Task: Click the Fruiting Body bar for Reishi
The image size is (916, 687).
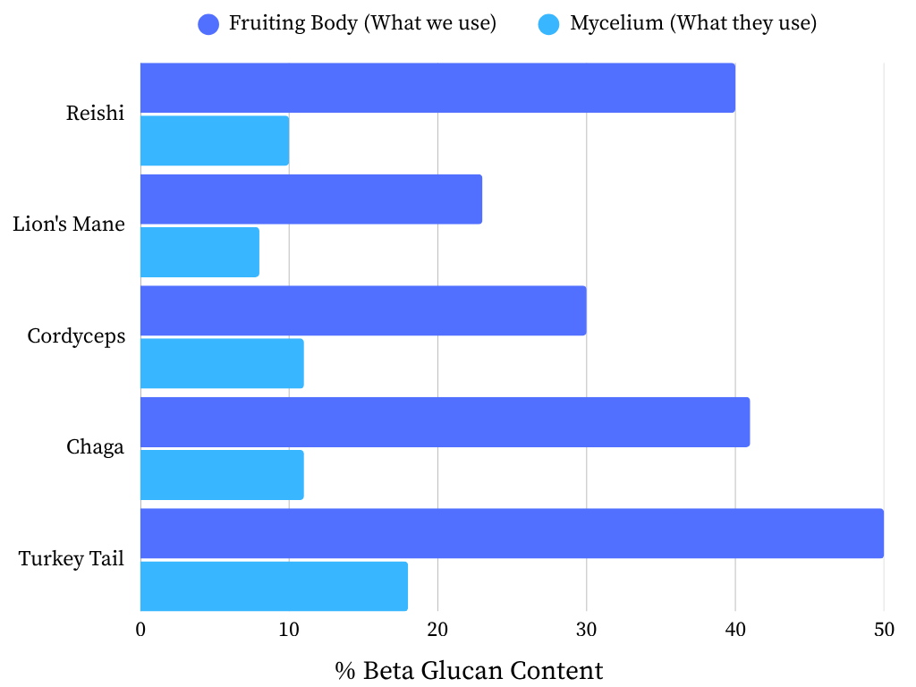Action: click(x=437, y=88)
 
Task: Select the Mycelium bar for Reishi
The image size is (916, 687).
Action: click(x=215, y=140)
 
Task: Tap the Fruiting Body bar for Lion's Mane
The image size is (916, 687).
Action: click(x=311, y=199)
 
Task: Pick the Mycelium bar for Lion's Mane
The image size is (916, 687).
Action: click(x=199, y=252)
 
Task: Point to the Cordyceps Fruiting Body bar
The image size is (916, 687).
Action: click(x=363, y=310)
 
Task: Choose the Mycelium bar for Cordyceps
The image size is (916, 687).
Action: click(x=222, y=363)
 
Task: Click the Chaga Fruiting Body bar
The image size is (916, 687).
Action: click(x=445, y=422)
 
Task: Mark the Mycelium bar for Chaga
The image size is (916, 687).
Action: click(x=222, y=475)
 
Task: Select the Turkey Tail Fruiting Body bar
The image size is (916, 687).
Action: click(x=512, y=533)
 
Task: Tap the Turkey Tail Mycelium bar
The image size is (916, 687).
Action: click(x=274, y=586)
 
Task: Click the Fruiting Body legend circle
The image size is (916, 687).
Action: click(x=208, y=24)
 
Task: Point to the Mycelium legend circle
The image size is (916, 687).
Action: click(x=548, y=24)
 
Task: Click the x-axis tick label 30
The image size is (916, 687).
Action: click(x=586, y=629)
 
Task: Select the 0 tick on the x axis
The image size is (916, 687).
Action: click(x=140, y=629)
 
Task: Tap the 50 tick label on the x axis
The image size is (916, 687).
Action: click(x=884, y=629)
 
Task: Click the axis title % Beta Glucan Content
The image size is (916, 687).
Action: click(x=469, y=670)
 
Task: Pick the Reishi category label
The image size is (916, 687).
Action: click(x=95, y=114)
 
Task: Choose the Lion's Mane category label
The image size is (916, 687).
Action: click(x=69, y=225)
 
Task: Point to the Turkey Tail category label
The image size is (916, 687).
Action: click(x=72, y=559)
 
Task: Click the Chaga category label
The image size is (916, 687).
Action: click(x=95, y=447)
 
